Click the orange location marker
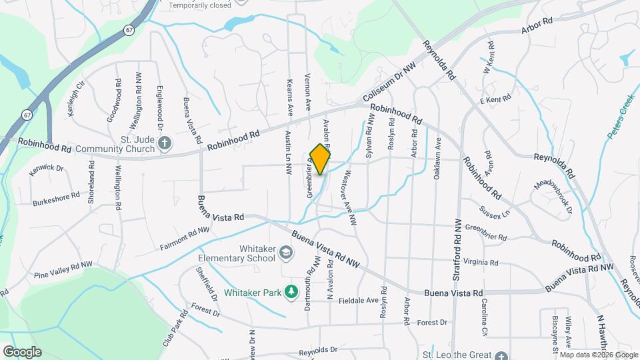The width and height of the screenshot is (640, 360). point(320,159)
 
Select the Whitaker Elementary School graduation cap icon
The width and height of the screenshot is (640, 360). point(285,253)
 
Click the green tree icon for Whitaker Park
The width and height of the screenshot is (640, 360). point(291,292)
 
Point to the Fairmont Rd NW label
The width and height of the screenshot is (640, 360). point(185,238)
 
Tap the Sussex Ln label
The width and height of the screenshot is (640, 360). point(494,211)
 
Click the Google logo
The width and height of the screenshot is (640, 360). point(21,351)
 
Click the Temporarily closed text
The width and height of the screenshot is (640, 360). point(200,5)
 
